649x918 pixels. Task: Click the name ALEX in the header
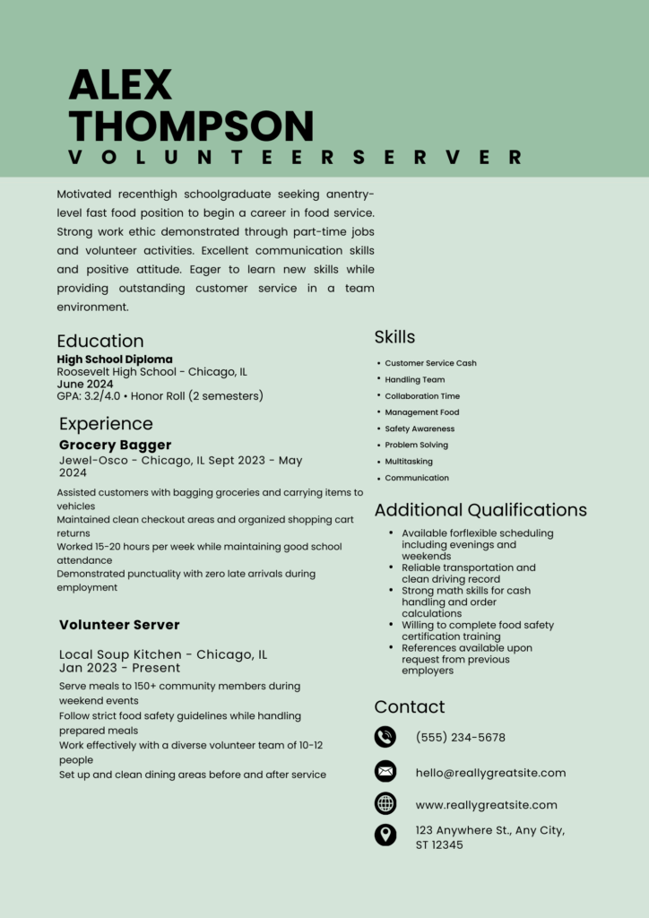click(x=120, y=85)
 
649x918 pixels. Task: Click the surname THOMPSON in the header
click(x=191, y=125)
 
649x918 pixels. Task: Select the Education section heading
click(x=100, y=341)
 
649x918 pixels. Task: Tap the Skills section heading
click(x=394, y=337)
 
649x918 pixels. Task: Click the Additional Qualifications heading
click(x=480, y=510)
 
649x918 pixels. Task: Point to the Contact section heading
click(x=410, y=706)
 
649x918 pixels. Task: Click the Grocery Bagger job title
click(x=115, y=445)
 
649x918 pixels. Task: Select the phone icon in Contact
click(x=385, y=737)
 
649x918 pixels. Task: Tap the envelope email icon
click(x=385, y=771)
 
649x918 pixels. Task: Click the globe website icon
click(x=385, y=803)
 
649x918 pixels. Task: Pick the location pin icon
click(x=385, y=836)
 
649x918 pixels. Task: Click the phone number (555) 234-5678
click(x=461, y=738)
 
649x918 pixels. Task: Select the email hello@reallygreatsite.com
click(x=490, y=773)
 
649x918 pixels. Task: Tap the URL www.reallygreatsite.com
click(x=486, y=805)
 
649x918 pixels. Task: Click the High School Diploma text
click(x=115, y=359)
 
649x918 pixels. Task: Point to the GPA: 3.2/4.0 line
click(x=160, y=395)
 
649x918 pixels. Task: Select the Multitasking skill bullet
click(x=409, y=462)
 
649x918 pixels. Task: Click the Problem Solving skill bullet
click(x=416, y=445)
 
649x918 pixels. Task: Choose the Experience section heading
click(x=106, y=423)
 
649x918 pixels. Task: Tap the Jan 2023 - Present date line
click(x=119, y=668)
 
